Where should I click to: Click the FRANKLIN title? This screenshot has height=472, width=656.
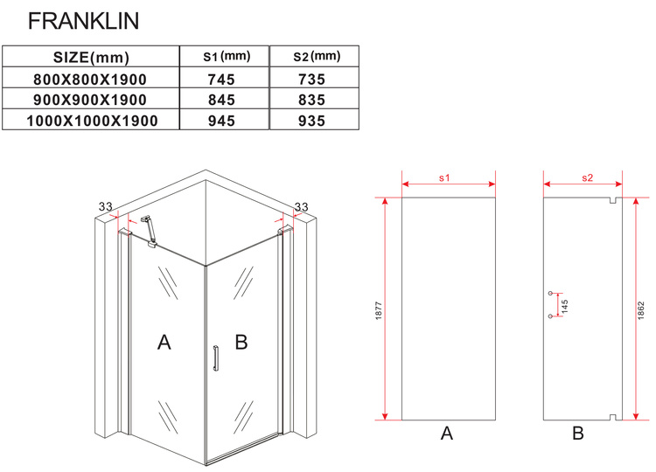coord(83,21)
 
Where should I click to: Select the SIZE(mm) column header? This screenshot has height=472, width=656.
coord(91,58)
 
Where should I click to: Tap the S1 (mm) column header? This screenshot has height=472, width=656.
coord(227,56)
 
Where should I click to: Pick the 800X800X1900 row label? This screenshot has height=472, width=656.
coord(90,80)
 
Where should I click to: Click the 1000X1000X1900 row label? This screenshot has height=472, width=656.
coord(92,121)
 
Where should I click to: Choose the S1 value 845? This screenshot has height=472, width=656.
coord(222,100)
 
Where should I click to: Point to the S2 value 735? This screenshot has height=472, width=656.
coord(311,80)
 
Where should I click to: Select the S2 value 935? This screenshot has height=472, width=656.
coord(311,121)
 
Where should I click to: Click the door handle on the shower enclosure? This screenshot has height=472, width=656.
coord(215,357)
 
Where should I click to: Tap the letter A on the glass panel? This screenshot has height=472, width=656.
coord(164,342)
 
